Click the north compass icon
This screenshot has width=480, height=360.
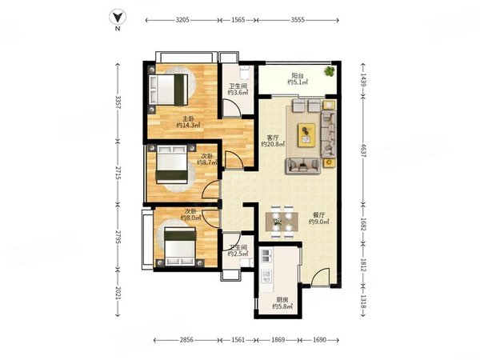coord(117,18)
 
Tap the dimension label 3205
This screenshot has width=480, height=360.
coord(182,20)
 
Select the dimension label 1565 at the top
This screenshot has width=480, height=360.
coord(238,20)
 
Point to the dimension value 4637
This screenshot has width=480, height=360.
coord(363,150)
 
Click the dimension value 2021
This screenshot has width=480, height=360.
coord(118,294)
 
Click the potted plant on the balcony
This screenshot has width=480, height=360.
coord(330,71)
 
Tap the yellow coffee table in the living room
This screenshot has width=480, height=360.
coord(306,134)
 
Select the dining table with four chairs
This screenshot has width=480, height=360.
coord(282,222)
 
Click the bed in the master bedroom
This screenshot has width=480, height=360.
coord(168,90)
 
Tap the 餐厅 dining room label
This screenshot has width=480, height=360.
coord(318,215)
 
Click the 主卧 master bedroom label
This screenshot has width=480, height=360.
coord(189,118)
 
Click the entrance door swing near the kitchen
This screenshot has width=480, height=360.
coord(321,278)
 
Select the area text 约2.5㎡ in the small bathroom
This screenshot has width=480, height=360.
coord(238,254)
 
